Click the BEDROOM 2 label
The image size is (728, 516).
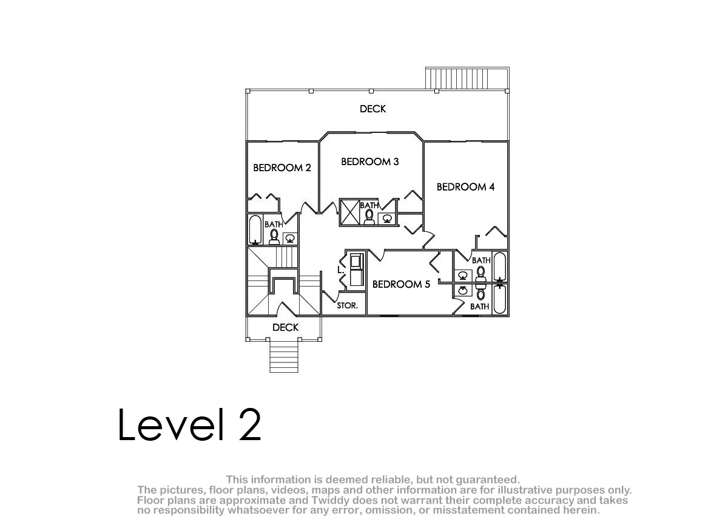point(281,168)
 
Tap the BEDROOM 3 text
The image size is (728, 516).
point(370,161)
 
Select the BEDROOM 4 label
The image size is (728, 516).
point(465,187)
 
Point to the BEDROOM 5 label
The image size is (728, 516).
point(401,284)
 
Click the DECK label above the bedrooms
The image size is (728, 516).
point(372,109)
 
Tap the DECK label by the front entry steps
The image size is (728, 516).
point(285,327)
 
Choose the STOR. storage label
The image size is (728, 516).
point(347,305)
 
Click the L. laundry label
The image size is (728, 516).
point(340,270)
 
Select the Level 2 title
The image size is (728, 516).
point(189,424)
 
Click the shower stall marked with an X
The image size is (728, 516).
point(349,212)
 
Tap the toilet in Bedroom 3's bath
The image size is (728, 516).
point(369,217)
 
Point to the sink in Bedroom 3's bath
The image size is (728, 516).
point(387,219)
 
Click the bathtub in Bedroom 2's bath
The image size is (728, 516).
point(255,229)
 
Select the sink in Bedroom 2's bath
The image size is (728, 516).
point(290,239)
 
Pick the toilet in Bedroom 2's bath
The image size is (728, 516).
point(274,236)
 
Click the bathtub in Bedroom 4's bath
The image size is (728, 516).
point(499,266)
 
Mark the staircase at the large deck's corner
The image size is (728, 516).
point(467,78)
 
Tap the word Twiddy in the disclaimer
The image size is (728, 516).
point(331,500)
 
